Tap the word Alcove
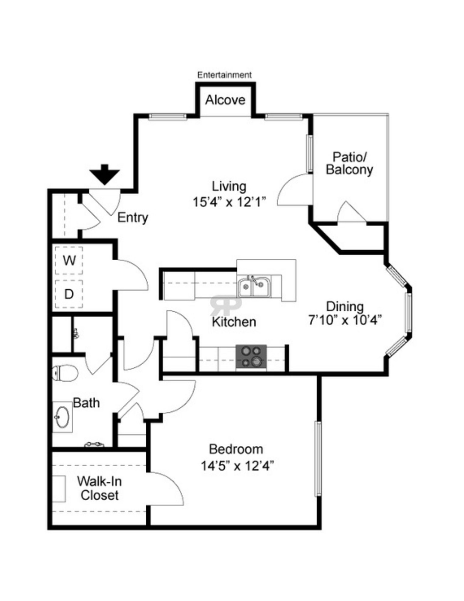(x=225, y=100)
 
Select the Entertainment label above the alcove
(x=224, y=75)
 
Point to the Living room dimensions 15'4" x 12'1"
(x=230, y=202)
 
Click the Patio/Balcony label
(x=349, y=163)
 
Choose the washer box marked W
(x=69, y=260)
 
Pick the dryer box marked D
(x=69, y=294)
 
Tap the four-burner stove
(x=251, y=356)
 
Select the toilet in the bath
(x=65, y=373)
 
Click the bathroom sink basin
(x=62, y=417)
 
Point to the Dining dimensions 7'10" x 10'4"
(x=345, y=320)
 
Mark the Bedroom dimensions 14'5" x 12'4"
(x=237, y=466)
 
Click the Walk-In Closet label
(x=99, y=488)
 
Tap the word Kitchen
(x=234, y=322)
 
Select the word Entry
(x=133, y=217)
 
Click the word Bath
(x=86, y=403)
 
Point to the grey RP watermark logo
(x=226, y=305)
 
